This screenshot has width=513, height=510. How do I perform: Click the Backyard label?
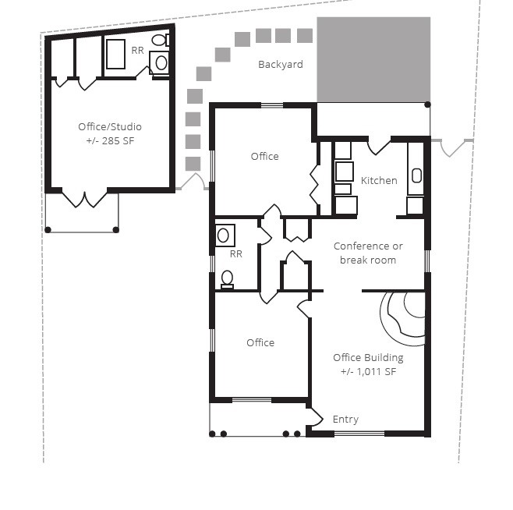click(281, 65)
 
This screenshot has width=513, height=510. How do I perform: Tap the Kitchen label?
click(379, 180)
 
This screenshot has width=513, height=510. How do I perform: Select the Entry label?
click(345, 420)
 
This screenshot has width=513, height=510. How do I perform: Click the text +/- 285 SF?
click(110, 141)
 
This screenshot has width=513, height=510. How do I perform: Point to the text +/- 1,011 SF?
click(368, 371)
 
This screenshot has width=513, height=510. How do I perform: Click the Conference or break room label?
click(368, 253)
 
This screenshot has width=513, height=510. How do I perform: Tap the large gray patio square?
click(373, 59)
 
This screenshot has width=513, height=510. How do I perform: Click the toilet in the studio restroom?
click(161, 40)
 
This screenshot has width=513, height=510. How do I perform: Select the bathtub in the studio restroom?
click(116, 54)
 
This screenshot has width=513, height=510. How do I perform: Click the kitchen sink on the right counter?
click(416, 175)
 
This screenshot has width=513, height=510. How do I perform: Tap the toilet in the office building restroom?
click(227, 280)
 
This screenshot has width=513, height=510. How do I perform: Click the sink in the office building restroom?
click(225, 236)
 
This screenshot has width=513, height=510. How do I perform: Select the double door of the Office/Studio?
click(84, 200)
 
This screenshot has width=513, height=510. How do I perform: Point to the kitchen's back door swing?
click(379, 147)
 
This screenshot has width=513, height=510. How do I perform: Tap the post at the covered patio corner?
click(427, 104)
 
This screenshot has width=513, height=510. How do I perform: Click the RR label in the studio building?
click(137, 51)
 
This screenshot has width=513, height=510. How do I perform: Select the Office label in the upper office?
click(264, 157)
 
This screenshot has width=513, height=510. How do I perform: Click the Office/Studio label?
click(110, 126)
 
